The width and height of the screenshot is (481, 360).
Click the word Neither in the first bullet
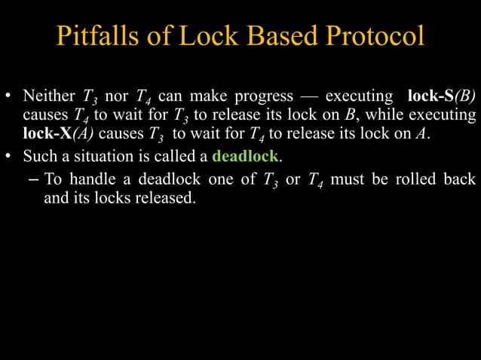[48, 97]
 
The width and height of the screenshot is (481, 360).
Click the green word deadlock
[246, 157]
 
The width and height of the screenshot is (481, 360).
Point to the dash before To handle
[35, 181]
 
